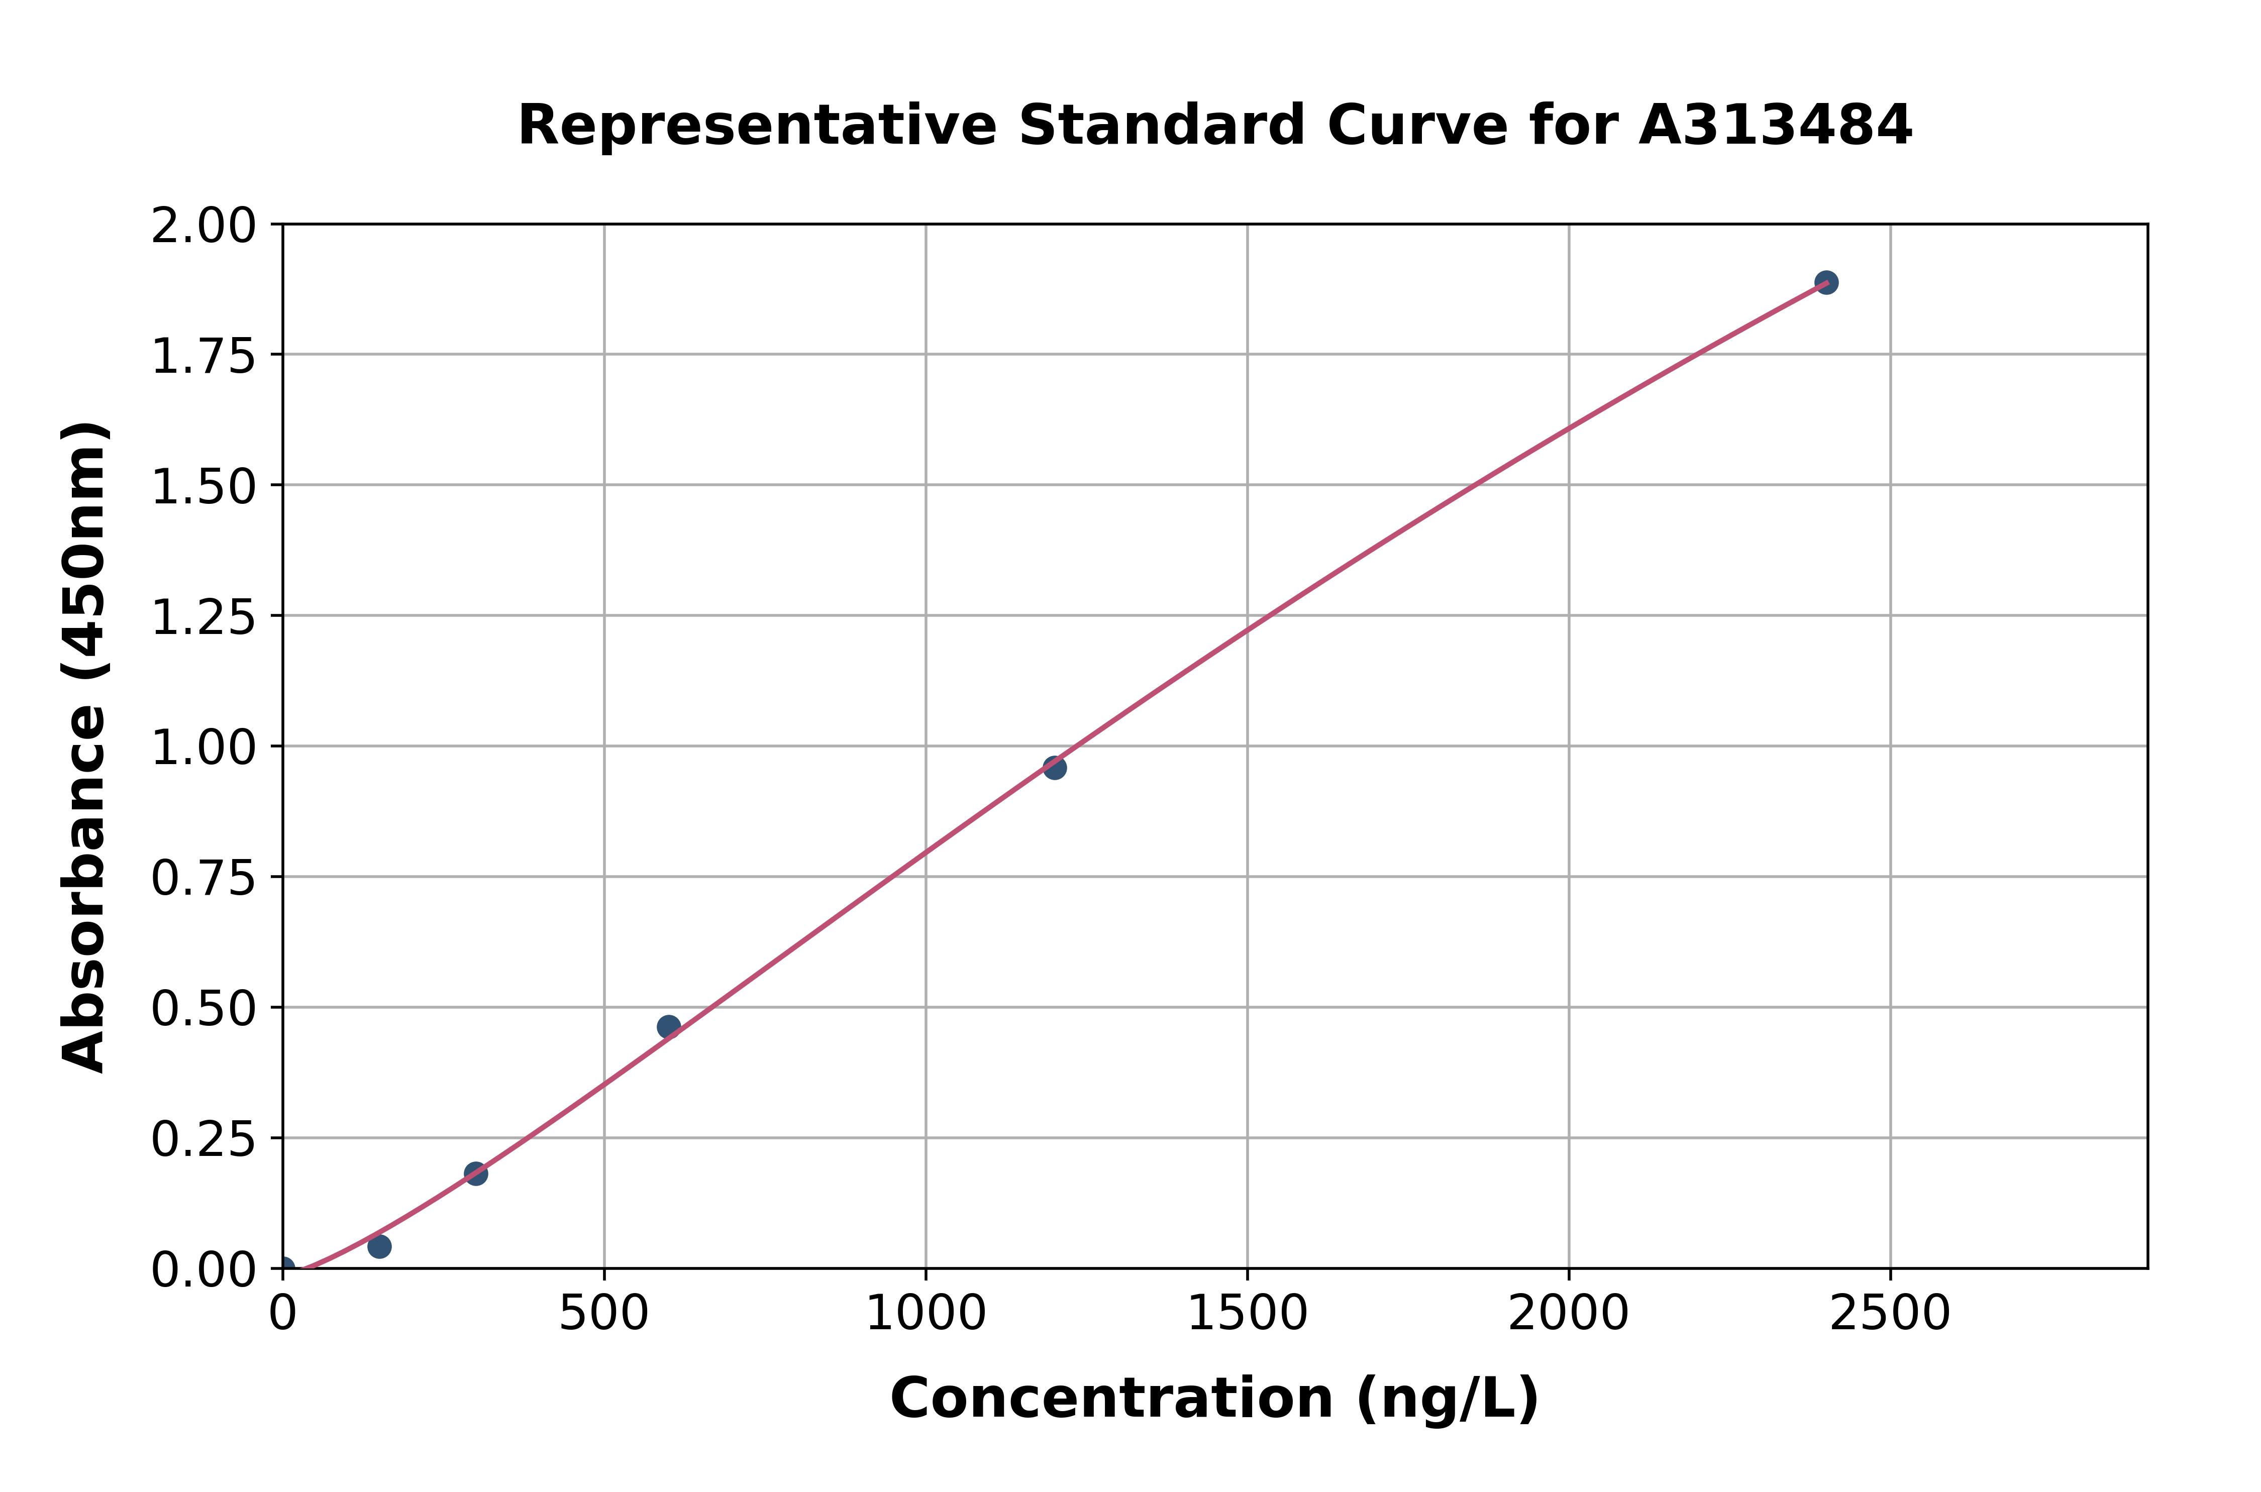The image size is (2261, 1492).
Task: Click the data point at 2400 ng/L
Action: (1825, 283)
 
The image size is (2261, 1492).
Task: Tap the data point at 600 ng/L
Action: (669, 1027)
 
